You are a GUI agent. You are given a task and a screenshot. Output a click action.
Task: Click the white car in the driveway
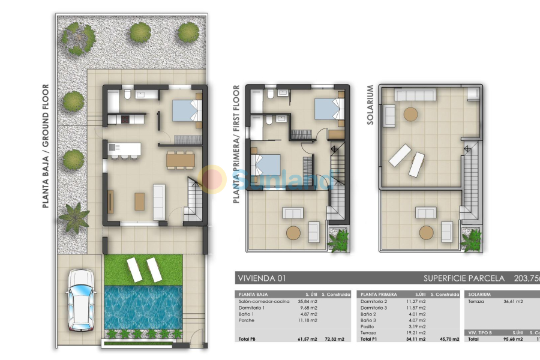(80, 300)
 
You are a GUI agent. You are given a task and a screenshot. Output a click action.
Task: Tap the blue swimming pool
(143, 307)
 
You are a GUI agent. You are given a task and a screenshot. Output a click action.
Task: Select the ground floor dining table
(181, 159)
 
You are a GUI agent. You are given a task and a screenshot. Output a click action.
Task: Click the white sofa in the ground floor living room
(160, 202)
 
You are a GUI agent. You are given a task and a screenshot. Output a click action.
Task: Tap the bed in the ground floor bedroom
(187, 111)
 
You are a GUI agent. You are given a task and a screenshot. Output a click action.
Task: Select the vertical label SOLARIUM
(370, 105)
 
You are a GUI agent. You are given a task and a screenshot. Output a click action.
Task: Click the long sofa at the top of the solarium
(415, 95)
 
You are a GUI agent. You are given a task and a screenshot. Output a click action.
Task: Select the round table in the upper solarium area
(411, 114)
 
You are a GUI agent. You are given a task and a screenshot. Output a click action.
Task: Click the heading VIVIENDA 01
(262, 278)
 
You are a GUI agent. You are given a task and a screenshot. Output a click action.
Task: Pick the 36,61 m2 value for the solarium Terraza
(514, 301)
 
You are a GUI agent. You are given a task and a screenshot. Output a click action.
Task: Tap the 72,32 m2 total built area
(334, 340)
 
